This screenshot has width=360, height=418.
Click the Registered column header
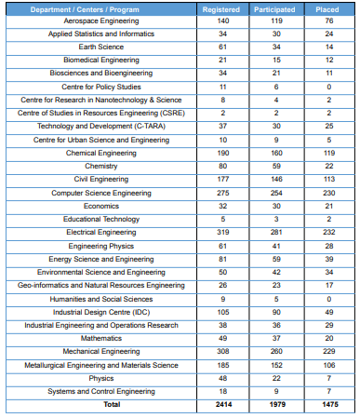pos(220,9)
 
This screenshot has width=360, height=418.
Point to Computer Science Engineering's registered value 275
pos(220,194)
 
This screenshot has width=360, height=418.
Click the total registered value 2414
pos(220,406)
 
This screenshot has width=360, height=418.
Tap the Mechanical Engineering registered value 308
pos(220,353)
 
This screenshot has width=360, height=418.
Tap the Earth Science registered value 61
pos(220,47)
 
